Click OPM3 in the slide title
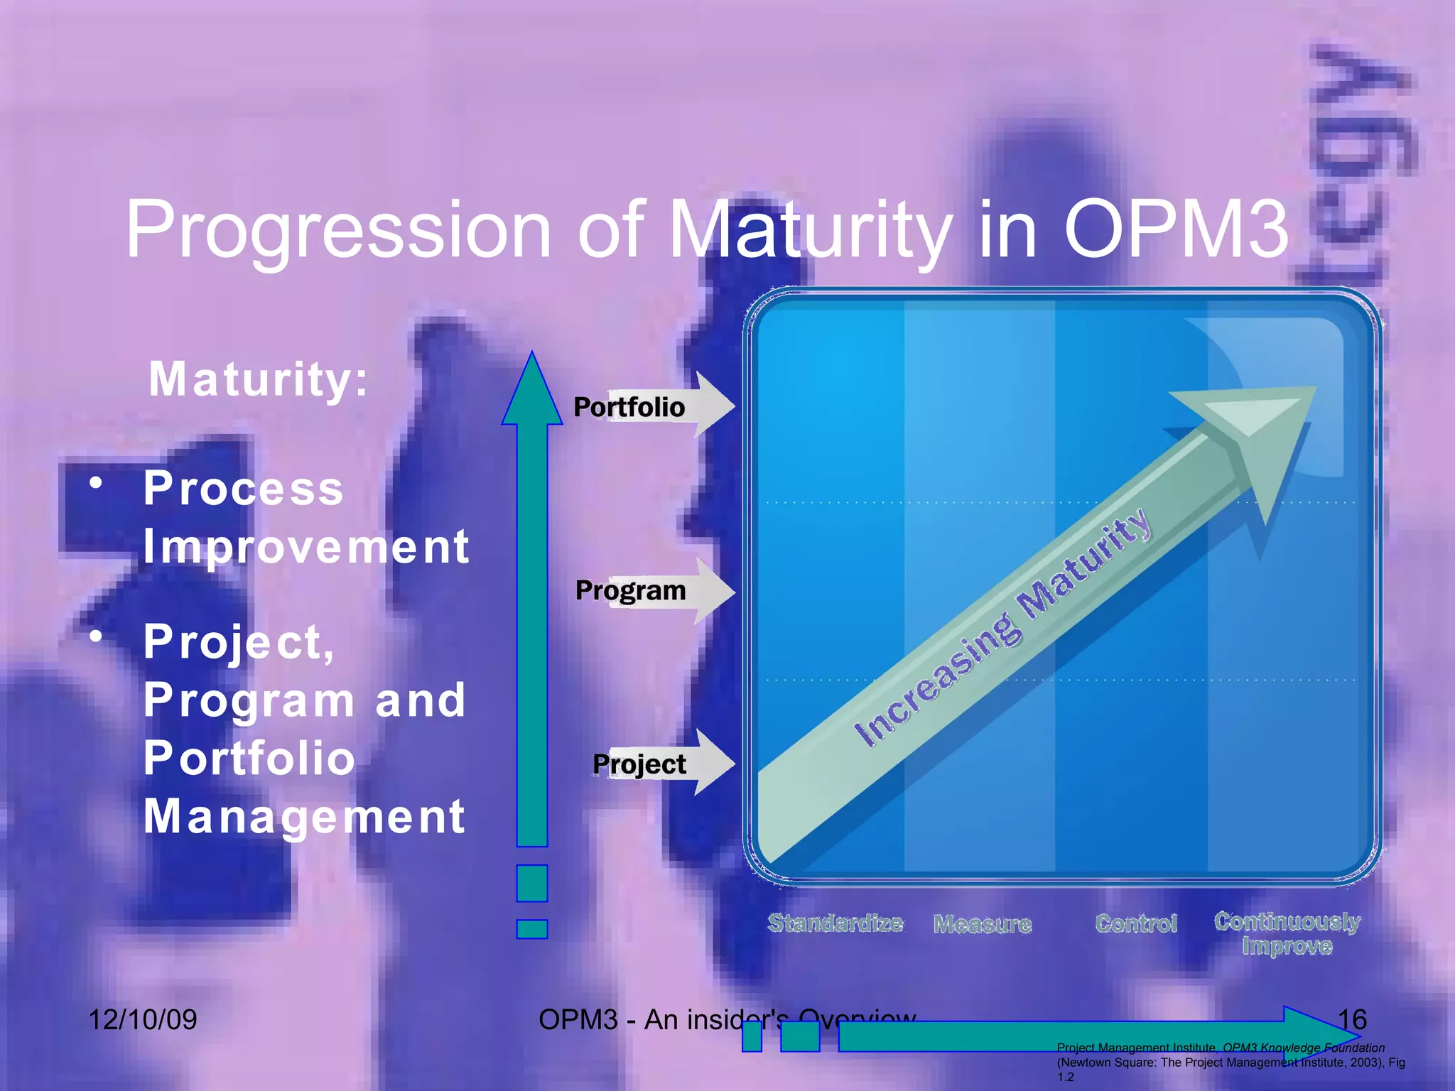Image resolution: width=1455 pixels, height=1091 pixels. click(1175, 229)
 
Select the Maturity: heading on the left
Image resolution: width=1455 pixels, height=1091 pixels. click(259, 379)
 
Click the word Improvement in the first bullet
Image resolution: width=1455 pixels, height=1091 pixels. click(305, 547)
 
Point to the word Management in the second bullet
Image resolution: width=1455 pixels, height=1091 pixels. click(304, 817)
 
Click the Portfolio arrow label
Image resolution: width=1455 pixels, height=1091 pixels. click(629, 407)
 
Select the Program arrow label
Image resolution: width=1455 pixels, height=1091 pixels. click(631, 590)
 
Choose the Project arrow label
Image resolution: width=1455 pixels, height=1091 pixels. click(639, 764)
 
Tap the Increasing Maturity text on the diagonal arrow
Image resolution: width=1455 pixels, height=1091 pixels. click(1002, 629)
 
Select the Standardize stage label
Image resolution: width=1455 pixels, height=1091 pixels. click(835, 923)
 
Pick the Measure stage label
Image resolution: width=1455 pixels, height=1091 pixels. click(983, 924)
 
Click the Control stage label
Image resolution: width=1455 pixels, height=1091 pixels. click(1136, 923)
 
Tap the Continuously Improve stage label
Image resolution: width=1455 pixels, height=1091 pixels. click(1287, 933)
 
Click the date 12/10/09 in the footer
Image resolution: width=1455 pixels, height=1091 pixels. click(143, 1020)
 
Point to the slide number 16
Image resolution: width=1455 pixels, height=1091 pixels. click(1352, 1020)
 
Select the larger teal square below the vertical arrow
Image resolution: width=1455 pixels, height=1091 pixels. click(532, 883)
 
